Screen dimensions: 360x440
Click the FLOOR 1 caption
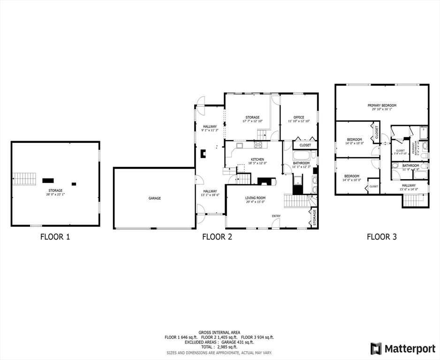tap(55, 237)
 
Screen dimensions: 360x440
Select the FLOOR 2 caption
tap(217, 237)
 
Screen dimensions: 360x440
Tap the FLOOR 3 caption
tap(381, 237)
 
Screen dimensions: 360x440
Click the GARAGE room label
tap(155, 198)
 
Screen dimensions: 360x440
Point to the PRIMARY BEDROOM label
tap(382, 105)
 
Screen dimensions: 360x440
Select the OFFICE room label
tap(299, 117)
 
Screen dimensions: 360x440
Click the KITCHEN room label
tap(258, 159)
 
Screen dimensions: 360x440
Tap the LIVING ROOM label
tap(255, 198)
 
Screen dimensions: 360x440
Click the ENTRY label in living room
tap(276, 216)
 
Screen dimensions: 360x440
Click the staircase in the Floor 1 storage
tap(24, 179)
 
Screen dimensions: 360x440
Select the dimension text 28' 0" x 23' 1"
tap(55, 195)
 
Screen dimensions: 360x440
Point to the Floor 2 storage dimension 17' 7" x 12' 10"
tap(252, 121)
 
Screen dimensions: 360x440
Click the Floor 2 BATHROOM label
tap(302, 163)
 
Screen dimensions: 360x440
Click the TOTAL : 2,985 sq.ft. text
tap(219, 346)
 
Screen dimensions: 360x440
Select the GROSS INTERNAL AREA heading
tap(219, 332)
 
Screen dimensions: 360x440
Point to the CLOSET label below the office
tap(305, 145)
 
